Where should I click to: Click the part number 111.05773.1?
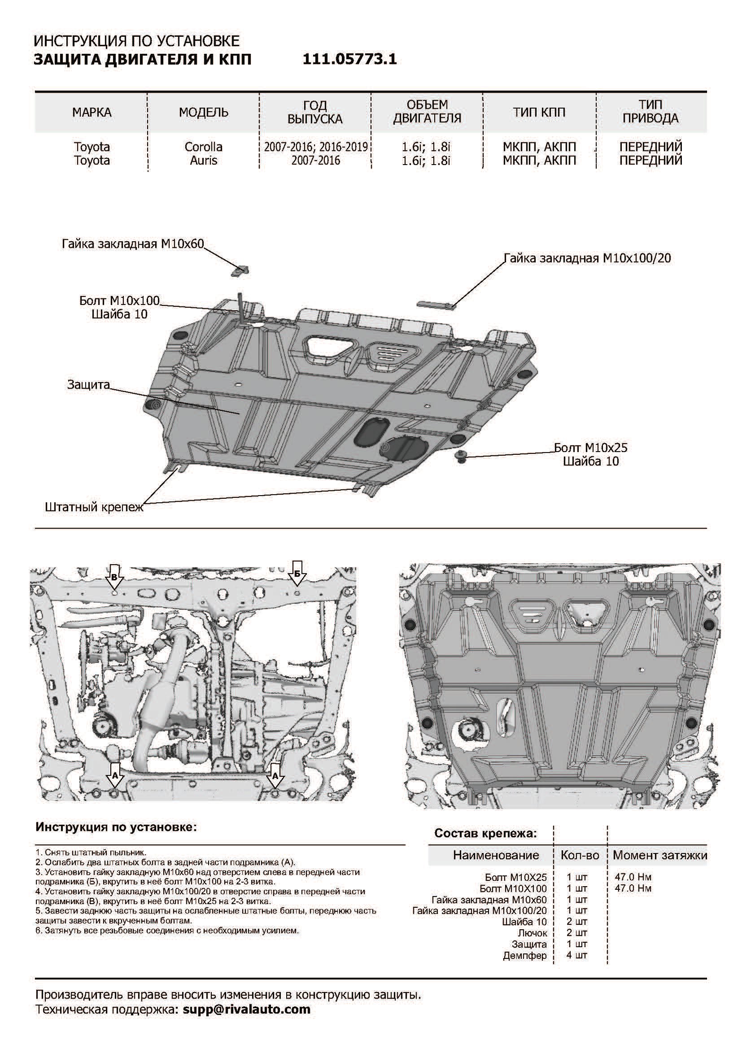coord(349,59)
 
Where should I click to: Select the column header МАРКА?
coord(92,113)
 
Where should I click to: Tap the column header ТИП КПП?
coord(539,113)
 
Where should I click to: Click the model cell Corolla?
coord(203,147)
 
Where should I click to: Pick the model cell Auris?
coord(203,161)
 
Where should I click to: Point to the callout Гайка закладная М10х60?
coord(132,244)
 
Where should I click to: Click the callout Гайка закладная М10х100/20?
coord(587,258)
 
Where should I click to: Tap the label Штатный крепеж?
coord(94,507)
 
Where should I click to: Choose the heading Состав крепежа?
coord(485,833)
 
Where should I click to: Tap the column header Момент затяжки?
coord(660,855)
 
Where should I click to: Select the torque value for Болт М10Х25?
coord(633,877)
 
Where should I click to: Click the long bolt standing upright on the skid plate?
coord(240,309)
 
